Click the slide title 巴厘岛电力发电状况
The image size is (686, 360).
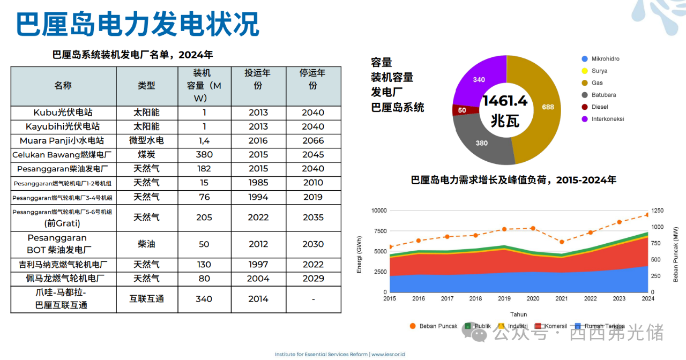(138, 25)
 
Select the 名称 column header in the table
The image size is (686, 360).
(63, 86)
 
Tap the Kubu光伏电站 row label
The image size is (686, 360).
(63, 112)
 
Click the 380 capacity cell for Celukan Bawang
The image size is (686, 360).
(204, 154)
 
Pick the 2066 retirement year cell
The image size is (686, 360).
(313, 140)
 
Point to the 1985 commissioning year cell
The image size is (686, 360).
(258, 183)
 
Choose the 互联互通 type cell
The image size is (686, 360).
(146, 299)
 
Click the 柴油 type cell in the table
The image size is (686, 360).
(146, 244)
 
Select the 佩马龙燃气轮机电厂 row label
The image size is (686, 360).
(63, 279)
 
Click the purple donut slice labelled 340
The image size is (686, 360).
(479, 80)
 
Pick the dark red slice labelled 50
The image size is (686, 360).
(461, 110)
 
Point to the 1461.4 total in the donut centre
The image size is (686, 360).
(505, 101)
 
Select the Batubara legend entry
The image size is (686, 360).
(603, 95)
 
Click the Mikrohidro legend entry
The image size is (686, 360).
(605, 59)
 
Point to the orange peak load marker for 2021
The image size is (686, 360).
(562, 242)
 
